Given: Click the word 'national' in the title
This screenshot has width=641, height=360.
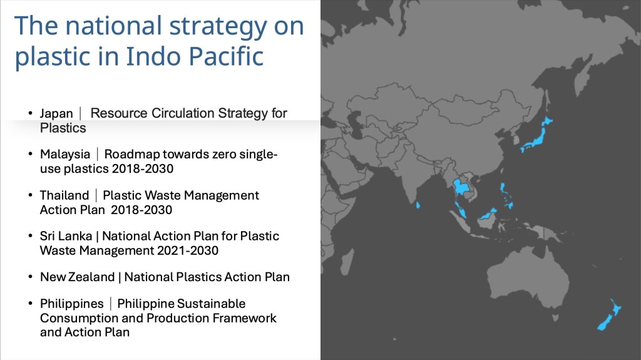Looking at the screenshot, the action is point(114,26).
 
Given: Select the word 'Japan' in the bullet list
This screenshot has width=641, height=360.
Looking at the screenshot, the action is point(56,113).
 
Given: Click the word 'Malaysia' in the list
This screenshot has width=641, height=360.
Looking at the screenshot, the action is point(65,154).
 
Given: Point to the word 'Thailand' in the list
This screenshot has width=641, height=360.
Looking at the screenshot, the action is point(64,195).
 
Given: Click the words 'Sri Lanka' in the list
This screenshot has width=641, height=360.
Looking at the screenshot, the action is point(66,236).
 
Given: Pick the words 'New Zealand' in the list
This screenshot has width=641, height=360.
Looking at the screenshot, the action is point(77,277).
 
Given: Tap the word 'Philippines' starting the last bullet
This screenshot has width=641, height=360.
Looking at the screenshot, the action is point(72,304).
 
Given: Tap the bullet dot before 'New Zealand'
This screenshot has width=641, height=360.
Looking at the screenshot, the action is point(31,277).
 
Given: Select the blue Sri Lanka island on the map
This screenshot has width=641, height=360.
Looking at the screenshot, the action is point(418,205).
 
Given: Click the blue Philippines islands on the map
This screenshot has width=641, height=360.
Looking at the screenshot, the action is point(506,195).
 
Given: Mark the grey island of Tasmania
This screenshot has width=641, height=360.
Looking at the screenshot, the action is point(555,317).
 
